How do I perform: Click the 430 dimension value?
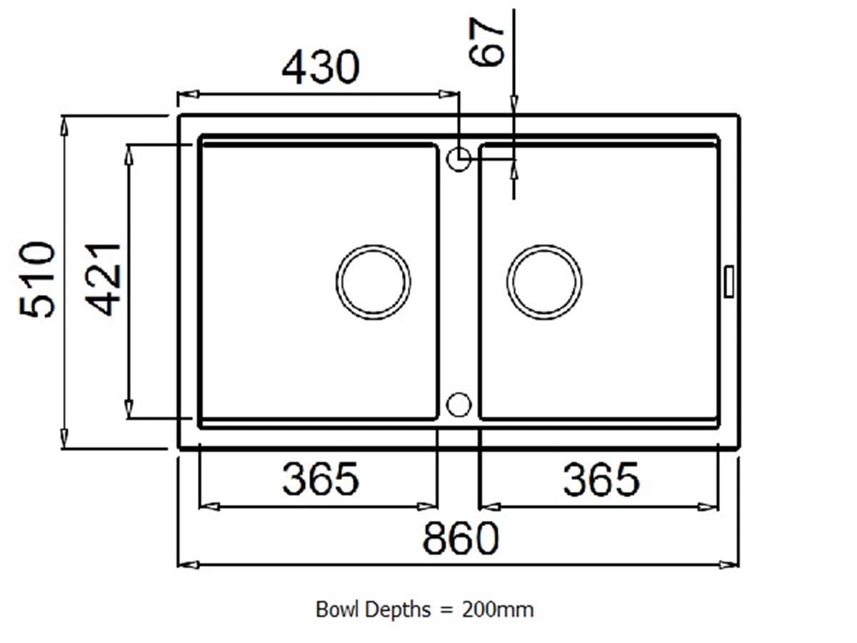click(321, 68)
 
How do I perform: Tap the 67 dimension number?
click(488, 42)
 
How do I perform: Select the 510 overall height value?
click(38, 279)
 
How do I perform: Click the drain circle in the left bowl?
click(374, 281)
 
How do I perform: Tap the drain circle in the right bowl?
click(544, 281)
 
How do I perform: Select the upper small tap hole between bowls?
click(458, 159)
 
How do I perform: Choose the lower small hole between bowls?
click(458, 404)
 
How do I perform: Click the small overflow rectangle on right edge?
click(728, 281)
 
